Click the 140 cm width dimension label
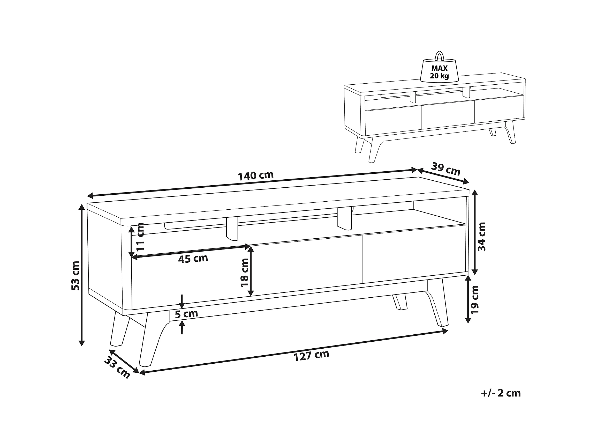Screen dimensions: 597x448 point(256,176)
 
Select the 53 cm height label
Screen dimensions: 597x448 point(75,276)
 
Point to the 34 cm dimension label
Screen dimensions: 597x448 point(481,237)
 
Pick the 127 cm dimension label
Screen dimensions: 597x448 point(311,355)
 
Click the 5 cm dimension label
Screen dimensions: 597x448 point(186,314)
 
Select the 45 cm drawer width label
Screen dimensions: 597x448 point(193,258)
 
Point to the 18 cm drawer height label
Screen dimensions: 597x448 point(244,272)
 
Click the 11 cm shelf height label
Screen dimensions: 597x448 point(140,237)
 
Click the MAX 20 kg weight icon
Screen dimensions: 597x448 point(439,69)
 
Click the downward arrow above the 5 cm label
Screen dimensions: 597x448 point(182,301)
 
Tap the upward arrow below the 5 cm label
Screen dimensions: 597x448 point(183,327)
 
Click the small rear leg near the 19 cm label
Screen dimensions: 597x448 point(400,302)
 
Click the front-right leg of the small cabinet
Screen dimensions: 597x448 point(510,133)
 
